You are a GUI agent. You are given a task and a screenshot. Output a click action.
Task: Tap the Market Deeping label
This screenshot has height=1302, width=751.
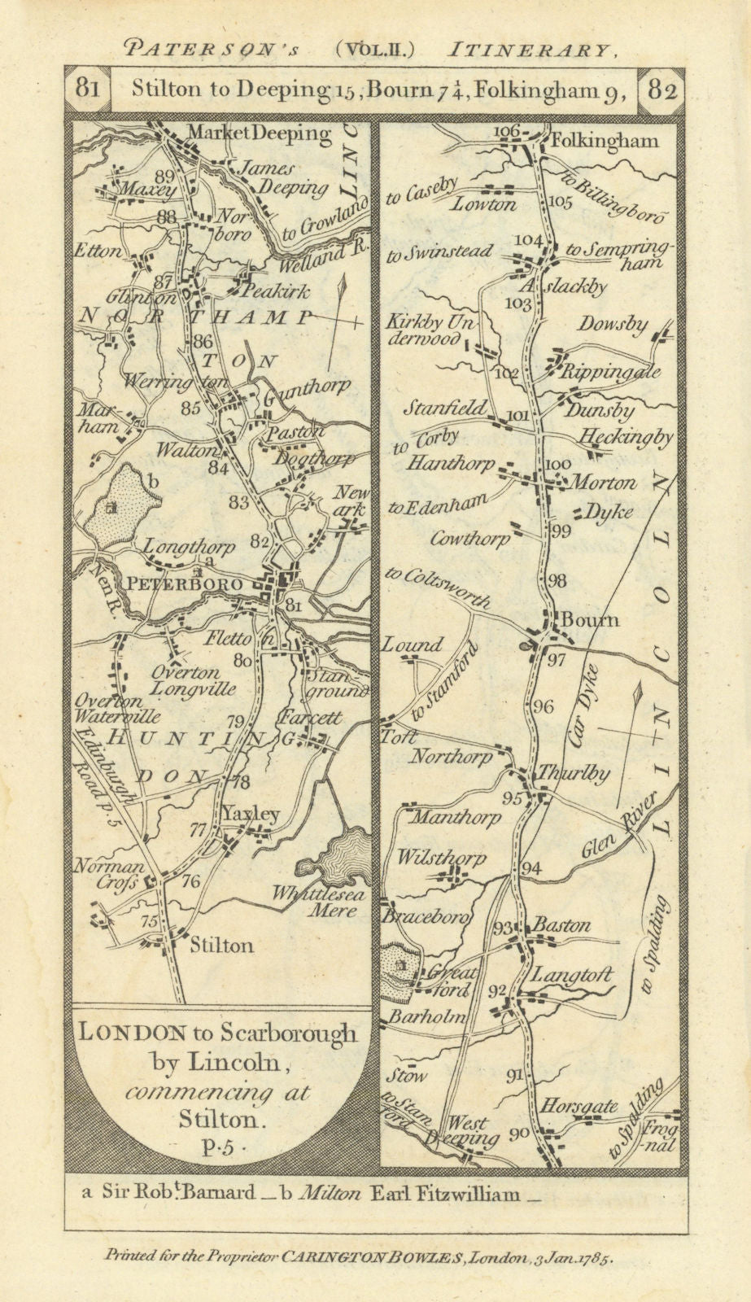click(x=259, y=133)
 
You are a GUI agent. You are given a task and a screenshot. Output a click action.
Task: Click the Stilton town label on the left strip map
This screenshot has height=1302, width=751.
click(x=220, y=945)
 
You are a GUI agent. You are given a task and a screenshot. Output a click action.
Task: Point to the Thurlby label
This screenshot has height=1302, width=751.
click(x=581, y=774)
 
